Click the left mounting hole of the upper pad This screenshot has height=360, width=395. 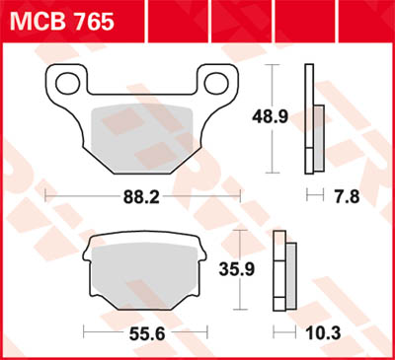click(x=68, y=80)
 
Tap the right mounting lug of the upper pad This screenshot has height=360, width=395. click(x=219, y=81)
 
